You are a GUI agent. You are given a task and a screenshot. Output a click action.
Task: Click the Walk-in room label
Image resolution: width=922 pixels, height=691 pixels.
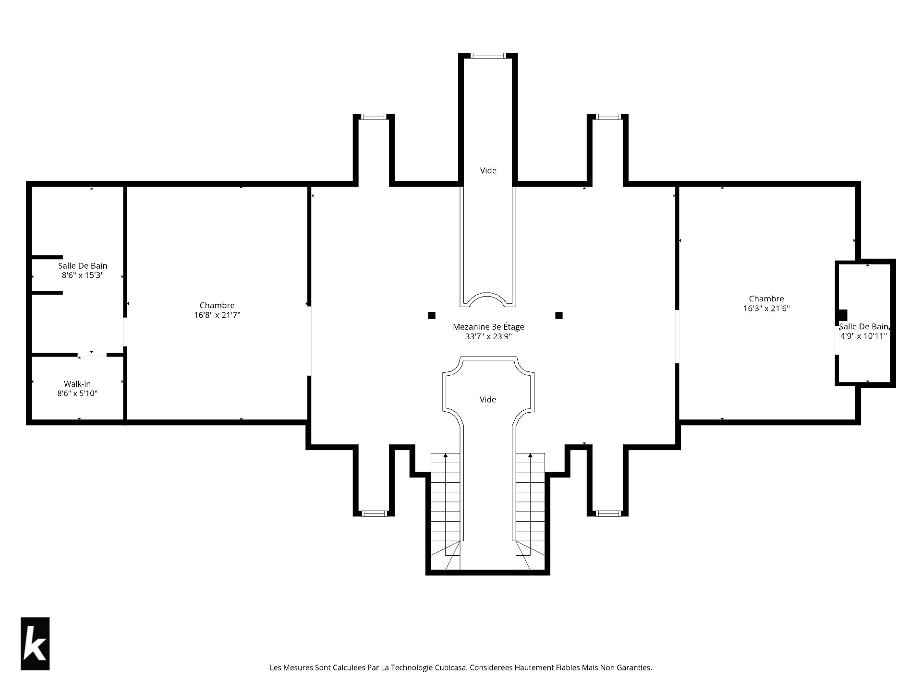(x=77, y=384)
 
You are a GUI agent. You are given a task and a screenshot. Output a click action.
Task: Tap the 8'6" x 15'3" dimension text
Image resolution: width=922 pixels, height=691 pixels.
(x=83, y=275)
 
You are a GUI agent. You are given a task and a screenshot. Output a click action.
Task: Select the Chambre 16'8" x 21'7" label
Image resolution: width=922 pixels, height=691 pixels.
(x=217, y=310)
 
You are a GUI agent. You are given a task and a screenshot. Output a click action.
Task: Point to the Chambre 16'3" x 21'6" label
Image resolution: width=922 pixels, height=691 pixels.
(x=766, y=303)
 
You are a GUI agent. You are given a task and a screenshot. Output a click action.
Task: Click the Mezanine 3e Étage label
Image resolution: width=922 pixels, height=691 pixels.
(x=488, y=327)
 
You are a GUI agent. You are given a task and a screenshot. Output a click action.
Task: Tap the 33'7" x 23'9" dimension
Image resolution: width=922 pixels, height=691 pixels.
(x=488, y=337)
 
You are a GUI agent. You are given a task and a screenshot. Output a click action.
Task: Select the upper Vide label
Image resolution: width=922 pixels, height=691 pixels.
(x=488, y=170)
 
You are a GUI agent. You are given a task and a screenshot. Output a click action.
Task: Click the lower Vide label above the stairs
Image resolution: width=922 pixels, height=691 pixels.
(x=488, y=399)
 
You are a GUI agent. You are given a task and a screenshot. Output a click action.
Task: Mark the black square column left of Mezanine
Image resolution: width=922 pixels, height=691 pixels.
(x=432, y=315)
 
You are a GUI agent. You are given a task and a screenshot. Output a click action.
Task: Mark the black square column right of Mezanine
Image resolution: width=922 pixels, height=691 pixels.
(x=559, y=315)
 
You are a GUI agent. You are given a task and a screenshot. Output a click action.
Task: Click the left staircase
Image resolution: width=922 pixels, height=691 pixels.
(x=445, y=511)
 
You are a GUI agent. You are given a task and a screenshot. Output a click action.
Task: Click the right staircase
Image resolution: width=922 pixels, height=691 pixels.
(x=531, y=511)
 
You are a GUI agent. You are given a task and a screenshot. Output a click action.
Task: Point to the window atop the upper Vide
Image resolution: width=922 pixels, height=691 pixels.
(x=488, y=56)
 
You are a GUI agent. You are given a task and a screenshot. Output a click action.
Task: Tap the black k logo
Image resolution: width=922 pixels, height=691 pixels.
(x=35, y=643)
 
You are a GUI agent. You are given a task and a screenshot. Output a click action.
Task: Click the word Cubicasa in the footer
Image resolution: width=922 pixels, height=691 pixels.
(x=451, y=667)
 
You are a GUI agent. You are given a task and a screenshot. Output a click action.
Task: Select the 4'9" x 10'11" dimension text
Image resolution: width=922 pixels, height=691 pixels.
(x=863, y=336)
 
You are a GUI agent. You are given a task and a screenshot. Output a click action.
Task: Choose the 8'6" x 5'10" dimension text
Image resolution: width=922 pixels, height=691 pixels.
(x=77, y=393)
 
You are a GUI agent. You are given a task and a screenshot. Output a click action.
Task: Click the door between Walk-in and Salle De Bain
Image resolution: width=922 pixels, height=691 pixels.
(x=92, y=355)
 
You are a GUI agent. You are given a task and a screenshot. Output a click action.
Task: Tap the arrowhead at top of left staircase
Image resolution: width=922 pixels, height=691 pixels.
(x=446, y=455)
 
